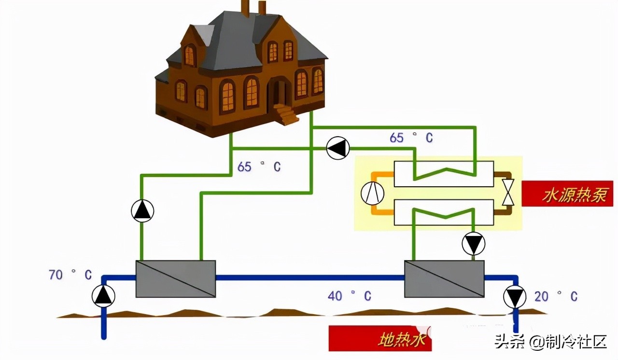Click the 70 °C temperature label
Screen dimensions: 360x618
click(70, 275)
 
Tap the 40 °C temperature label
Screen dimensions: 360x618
click(350, 296)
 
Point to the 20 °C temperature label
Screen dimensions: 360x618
click(556, 296)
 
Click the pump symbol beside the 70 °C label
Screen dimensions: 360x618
click(103, 295)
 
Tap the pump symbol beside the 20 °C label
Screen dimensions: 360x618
click(515, 296)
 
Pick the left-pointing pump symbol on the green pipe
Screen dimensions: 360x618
click(338, 148)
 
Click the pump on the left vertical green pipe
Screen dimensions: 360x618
click(142, 211)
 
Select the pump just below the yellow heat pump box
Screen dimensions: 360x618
click(473, 244)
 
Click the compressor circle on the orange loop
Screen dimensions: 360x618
click(372, 194)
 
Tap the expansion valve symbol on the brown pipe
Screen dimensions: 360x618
click(508, 193)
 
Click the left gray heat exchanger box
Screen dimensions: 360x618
click(175, 279)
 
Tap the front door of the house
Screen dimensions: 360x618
click(280, 94)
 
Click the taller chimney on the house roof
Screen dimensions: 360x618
click(245, 9)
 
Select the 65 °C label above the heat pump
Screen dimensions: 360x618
click(411, 138)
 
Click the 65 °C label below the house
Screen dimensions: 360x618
click(259, 167)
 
